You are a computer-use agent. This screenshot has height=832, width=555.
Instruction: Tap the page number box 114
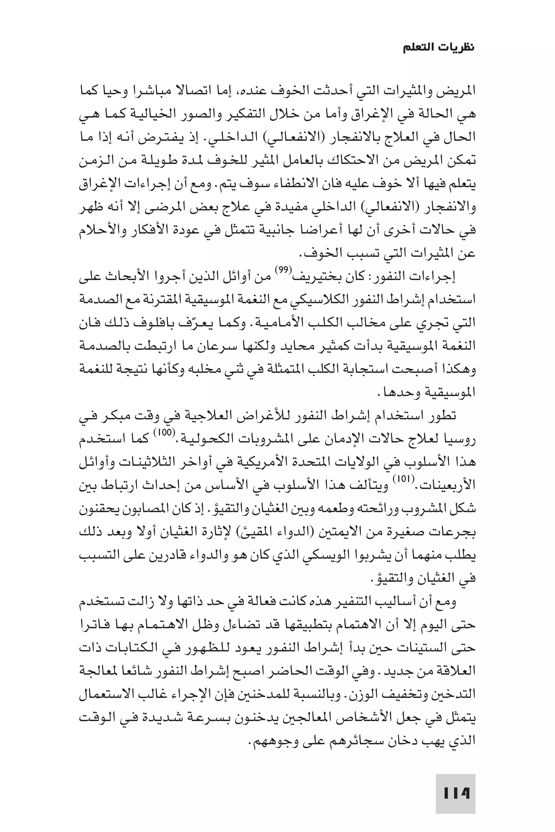coord(455,783)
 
